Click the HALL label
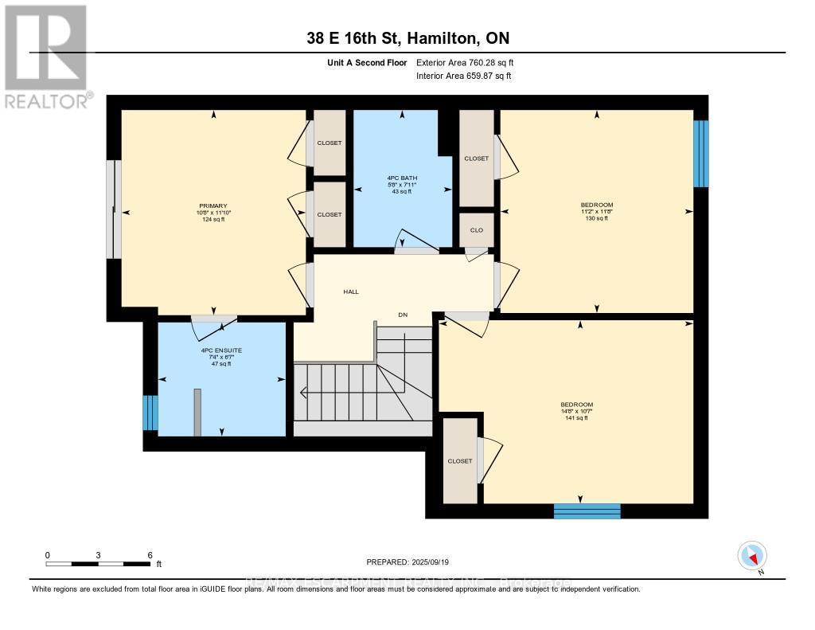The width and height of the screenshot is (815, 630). (x=350, y=292)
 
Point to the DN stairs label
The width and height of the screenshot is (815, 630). (x=403, y=315)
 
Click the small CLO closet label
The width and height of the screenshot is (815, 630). (x=476, y=230)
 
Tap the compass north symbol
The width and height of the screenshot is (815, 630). (x=752, y=555)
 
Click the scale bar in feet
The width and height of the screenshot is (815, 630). (x=98, y=563)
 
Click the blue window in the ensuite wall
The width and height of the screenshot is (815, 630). (x=150, y=413)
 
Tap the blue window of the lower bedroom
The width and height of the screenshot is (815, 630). (x=587, y=511)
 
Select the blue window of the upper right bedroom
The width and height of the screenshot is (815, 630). (x=700, y=154)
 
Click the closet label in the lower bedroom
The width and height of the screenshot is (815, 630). (x=459, y=461)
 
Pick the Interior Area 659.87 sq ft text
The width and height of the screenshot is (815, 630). (x=463, y=76)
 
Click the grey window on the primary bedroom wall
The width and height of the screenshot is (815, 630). (x=114, y=209)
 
